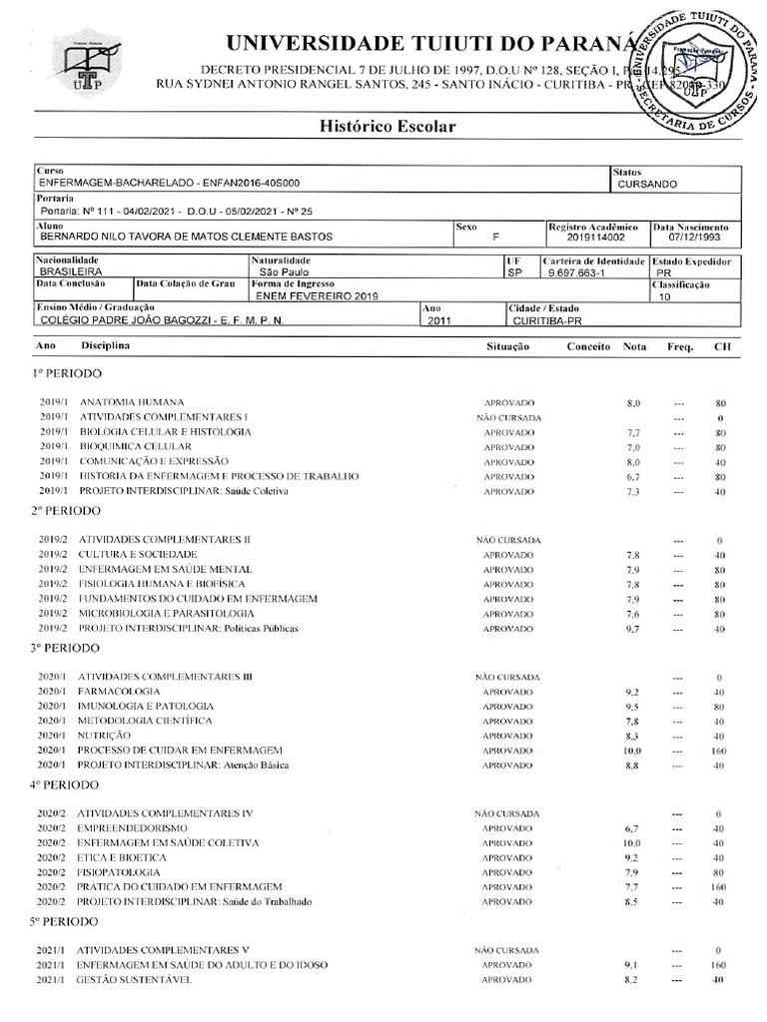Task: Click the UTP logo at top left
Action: (91, 63)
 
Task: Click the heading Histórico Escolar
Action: (387, 127)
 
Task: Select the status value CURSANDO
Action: (647, 185)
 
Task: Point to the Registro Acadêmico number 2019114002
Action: (595, 238)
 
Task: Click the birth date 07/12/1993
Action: (693, 238)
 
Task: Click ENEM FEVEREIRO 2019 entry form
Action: (310, 296)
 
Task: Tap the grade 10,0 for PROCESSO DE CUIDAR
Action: (631, 751)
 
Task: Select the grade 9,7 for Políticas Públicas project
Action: (631, 629)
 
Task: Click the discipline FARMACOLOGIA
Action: (119, 691)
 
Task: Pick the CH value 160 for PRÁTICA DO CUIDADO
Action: (718, 887)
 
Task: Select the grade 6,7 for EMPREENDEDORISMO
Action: (631, 828)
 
